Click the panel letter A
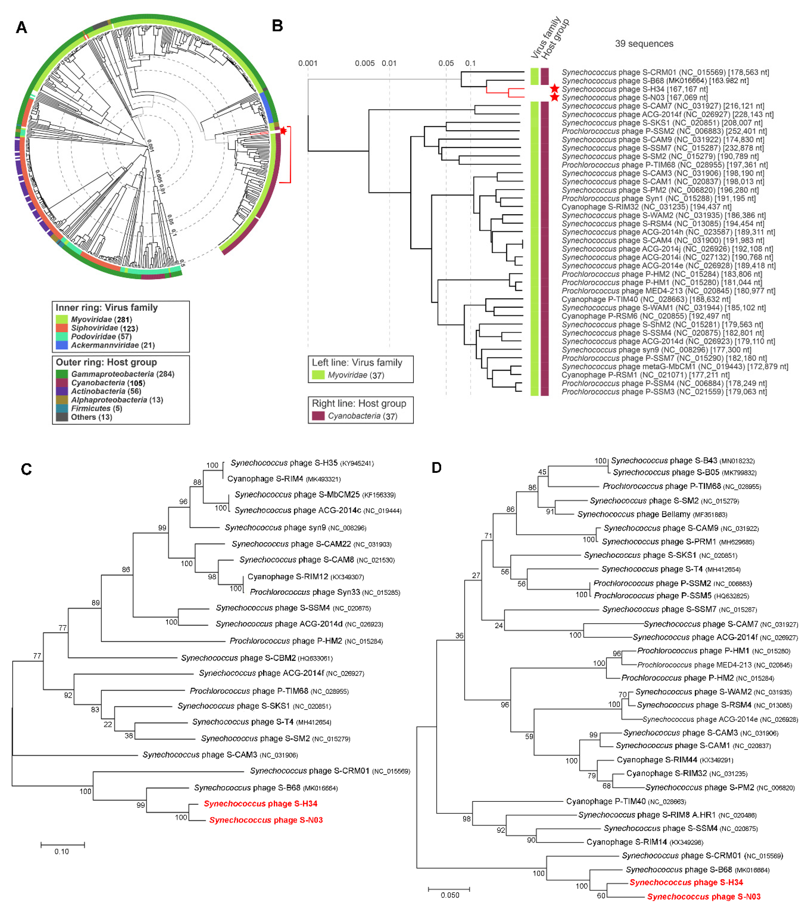(x=21, y=28)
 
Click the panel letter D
(x=436, y=467)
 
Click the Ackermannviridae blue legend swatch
(x=62, y=345)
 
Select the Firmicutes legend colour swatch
(x=62, y=408)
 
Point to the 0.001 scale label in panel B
(x=308, y=63)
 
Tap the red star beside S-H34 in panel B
(x=554, y=88)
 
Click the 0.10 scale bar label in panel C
(x=62, y=851)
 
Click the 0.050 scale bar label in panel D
(x=450, y=895)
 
